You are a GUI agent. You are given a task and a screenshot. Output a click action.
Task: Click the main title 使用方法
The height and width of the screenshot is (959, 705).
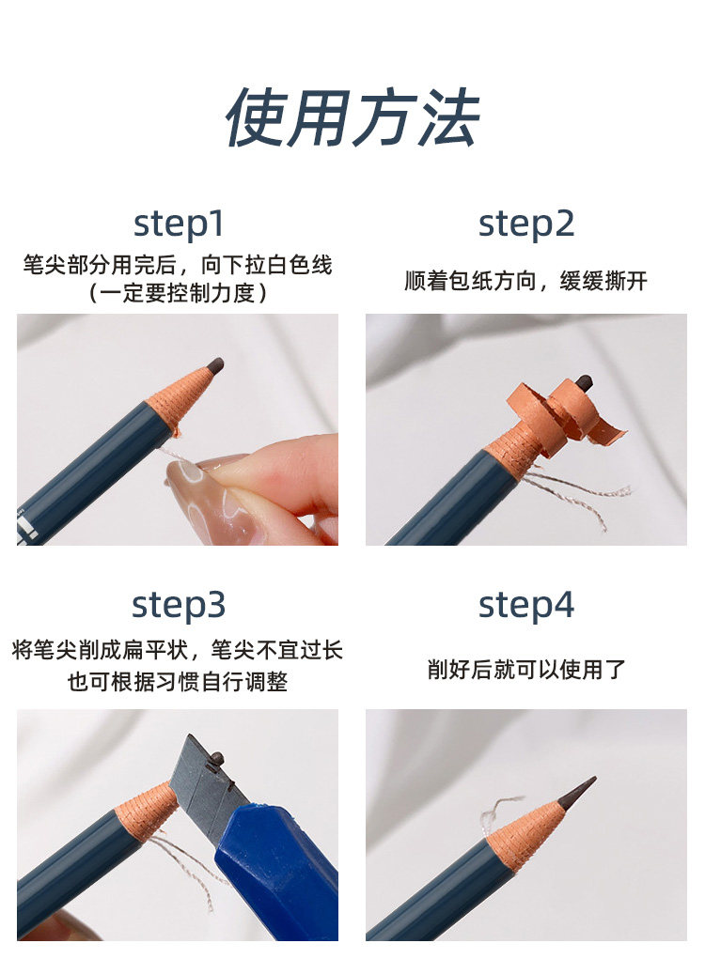point(352,117)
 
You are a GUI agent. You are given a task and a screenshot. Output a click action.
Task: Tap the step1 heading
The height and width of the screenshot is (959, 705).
point(179,224)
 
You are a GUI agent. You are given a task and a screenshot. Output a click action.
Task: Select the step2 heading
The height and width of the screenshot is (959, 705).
point(526,224)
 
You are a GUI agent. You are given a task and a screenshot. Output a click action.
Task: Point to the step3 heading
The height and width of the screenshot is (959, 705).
point(179,606)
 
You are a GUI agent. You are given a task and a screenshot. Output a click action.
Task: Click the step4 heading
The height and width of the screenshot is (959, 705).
point(526,606)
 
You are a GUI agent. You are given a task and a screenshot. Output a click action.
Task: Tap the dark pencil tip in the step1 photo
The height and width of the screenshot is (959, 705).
point(215,366)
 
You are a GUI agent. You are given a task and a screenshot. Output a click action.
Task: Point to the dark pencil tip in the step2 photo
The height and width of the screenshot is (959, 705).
point(585,383)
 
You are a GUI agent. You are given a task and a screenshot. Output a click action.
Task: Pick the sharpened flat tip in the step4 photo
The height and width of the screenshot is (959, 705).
point(578,793)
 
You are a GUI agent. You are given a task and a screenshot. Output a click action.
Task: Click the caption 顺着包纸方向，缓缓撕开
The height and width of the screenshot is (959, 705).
point(526,281)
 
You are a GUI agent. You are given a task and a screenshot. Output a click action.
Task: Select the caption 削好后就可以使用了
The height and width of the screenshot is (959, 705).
point(526,669)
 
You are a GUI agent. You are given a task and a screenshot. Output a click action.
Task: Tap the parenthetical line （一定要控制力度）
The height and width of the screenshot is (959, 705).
point(178,293)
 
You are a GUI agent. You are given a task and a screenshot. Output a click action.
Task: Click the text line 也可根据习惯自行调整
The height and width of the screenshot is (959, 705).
point(178,681)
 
